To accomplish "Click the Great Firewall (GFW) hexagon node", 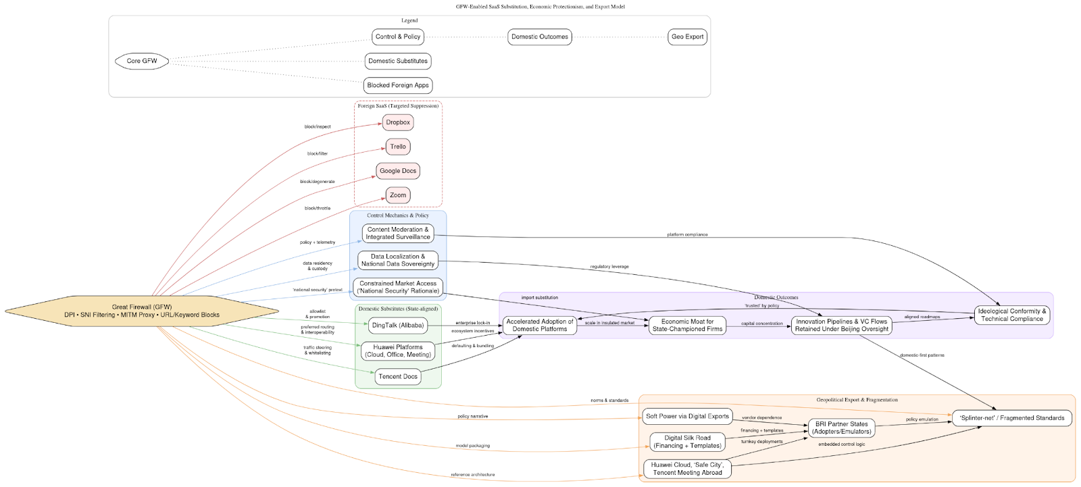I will (142, 311).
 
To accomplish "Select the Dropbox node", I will (398, 122).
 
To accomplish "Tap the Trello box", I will (398, 147).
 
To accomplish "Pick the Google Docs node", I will (398, 171).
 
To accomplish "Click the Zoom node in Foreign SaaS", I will (398, 195).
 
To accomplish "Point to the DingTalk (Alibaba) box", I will (398, 325).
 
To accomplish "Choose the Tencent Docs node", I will (398, 376).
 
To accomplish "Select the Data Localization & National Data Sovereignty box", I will (398, 260).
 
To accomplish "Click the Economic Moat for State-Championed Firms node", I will (687, 326).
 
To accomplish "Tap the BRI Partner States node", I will (841, 428).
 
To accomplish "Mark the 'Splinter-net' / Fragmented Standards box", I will (1011, 418).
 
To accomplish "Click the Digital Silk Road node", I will (687, 442).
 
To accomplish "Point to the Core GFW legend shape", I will (142, 61).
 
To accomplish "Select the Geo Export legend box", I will (687, 36).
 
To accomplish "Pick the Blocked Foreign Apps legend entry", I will (398, 85).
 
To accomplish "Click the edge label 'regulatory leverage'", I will (609, 267).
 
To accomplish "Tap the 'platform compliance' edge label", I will (687, 234).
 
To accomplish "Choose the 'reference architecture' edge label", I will (472, 474).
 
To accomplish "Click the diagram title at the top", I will (540, 7).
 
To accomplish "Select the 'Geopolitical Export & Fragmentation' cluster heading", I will (857, 400).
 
